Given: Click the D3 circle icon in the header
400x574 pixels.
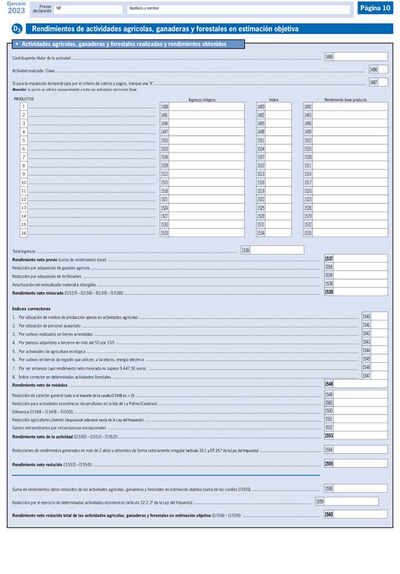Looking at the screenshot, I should (17, 29).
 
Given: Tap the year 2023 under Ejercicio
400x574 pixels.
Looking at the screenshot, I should (17, 10).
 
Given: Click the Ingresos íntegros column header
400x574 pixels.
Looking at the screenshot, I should (202, 99).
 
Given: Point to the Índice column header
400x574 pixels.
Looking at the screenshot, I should (273, 99).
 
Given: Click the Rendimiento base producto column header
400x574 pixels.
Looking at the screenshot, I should (345, 99).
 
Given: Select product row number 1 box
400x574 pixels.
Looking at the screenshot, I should (24, 106).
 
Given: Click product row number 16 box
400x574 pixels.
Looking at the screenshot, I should (24, 233).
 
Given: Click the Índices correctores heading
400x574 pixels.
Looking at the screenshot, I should (31, 309).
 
